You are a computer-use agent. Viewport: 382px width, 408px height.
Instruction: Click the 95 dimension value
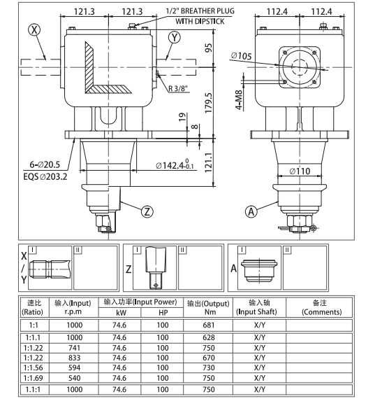pos(207,48)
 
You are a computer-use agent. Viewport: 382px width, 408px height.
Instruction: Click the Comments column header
pos(321,307)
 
